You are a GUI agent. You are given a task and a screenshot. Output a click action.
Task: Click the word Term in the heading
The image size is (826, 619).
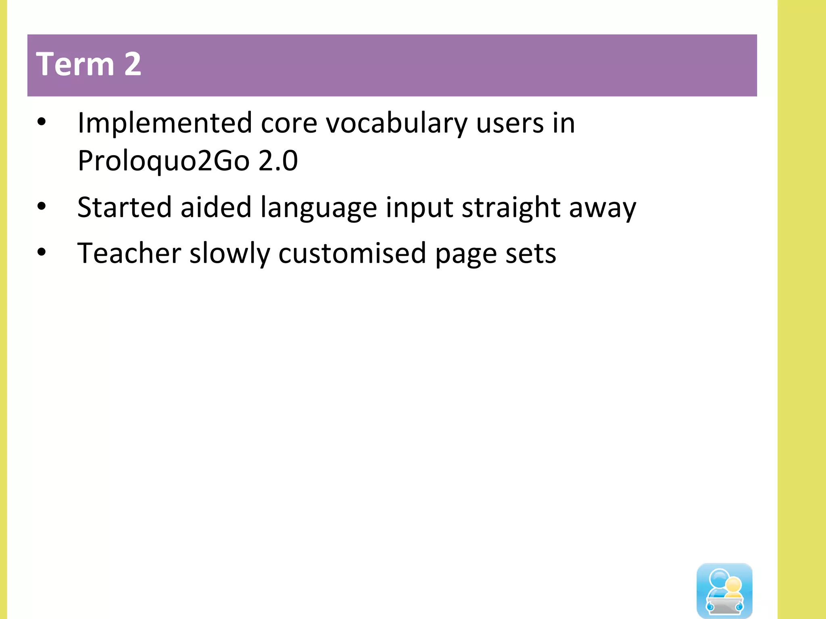tap(75, 64)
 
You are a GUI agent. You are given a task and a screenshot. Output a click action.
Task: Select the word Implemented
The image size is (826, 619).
tap(165, 123)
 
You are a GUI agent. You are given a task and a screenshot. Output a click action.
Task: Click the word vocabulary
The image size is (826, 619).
tap(396, 123)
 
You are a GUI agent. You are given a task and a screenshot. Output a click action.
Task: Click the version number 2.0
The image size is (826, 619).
tap(278, 160)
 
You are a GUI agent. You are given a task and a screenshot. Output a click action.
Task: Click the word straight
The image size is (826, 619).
tap(511, 208)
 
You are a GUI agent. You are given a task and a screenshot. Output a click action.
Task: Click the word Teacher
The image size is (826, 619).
tap(129, 253)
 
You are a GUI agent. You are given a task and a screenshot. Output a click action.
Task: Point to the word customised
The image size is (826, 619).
tap(352, 253)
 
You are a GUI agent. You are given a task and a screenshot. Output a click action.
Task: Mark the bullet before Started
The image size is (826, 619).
tap(42, 206)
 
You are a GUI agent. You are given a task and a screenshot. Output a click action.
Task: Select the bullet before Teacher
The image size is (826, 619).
tap(42, 252)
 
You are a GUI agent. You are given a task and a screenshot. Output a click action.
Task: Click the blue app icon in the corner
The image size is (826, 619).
tap(724, 590)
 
